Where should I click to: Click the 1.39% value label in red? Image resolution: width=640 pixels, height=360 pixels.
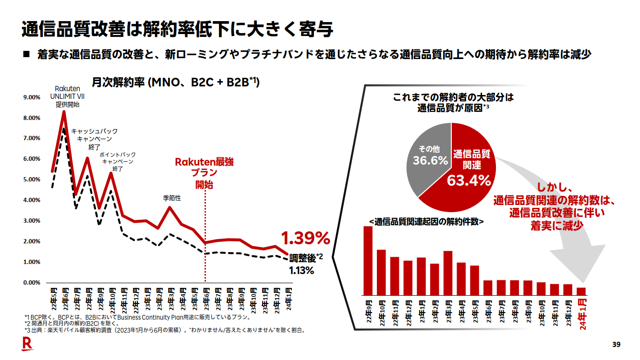(305, 238)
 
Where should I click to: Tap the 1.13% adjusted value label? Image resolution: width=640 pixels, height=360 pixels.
(302, 271)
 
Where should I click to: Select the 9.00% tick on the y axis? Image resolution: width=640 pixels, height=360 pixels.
(32, 97)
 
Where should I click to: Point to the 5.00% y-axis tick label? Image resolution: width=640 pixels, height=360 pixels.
(32, 180)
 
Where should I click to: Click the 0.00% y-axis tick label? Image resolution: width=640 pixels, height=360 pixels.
(32, 283)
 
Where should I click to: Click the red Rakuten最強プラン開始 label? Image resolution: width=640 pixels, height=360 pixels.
(204, 173)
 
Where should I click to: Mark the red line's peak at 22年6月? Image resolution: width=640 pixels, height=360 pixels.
(64, 111)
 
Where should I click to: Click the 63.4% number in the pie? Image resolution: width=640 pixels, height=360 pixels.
(469, 181)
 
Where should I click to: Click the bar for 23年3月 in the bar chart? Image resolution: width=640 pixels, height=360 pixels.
(448, 273)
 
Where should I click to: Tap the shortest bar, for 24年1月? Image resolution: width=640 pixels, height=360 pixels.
(581, 291)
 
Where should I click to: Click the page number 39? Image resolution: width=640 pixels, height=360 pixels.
(617, 344)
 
